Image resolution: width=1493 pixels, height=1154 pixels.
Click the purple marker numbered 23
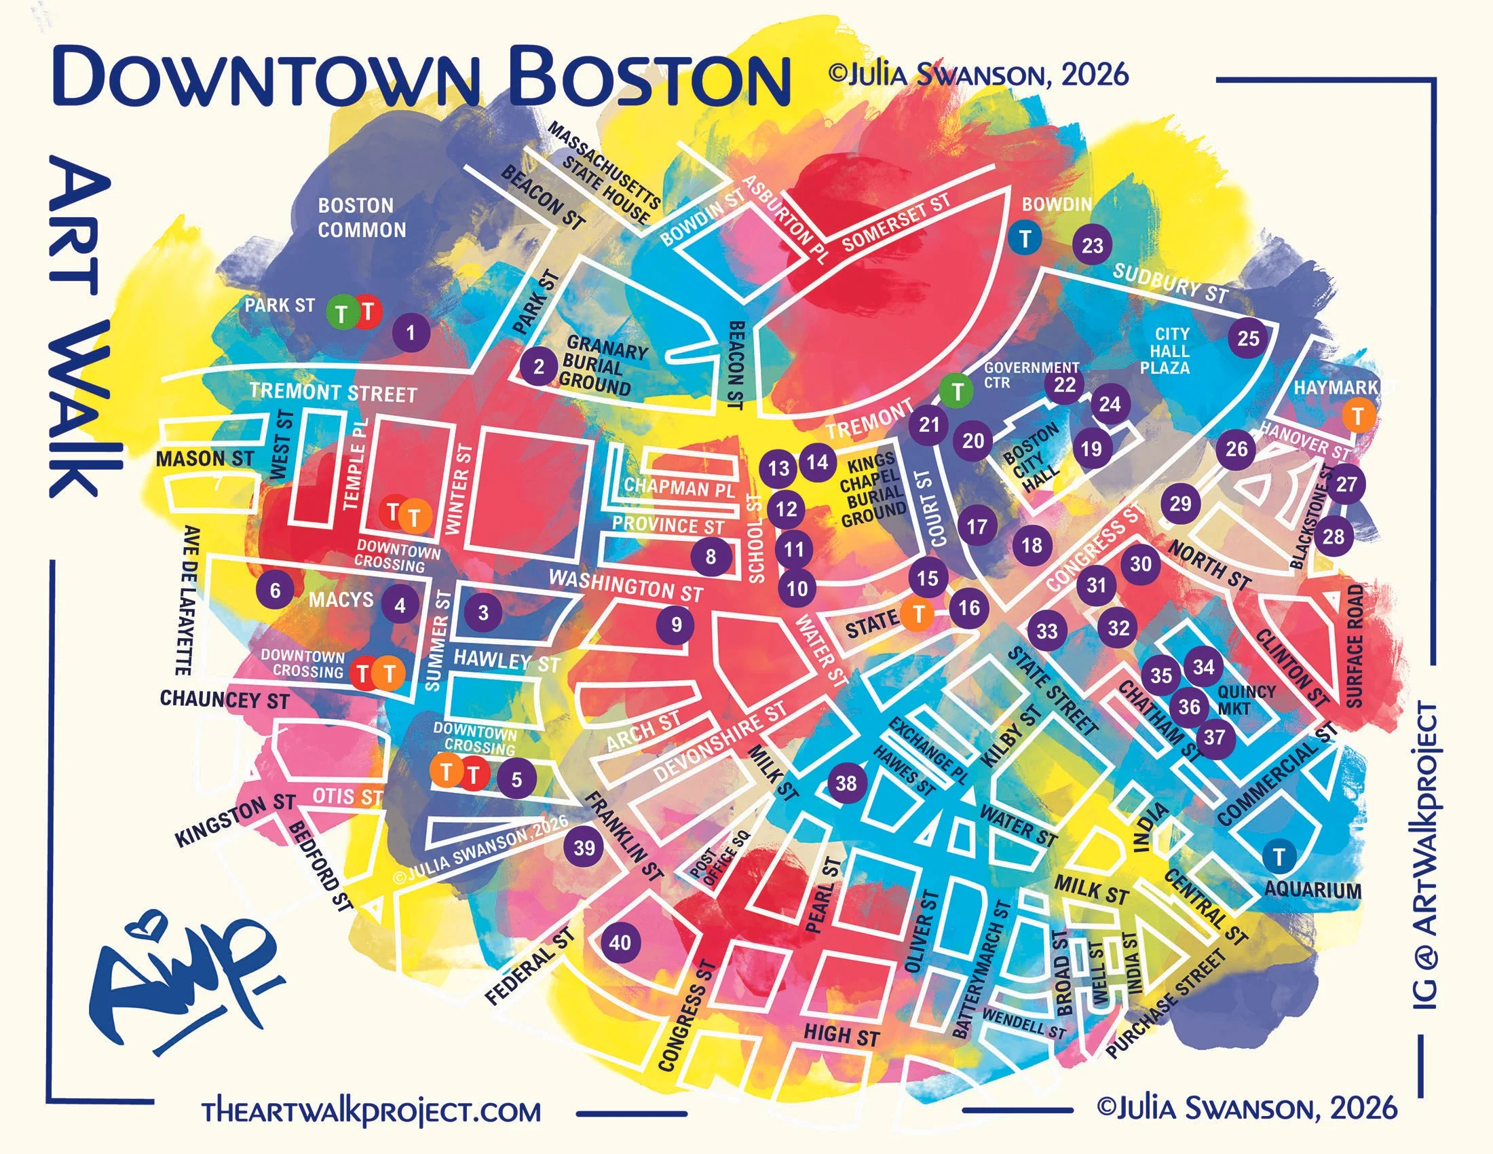click(x=1093, y=246)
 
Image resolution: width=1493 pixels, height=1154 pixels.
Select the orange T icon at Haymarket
click(x=1358, y=415)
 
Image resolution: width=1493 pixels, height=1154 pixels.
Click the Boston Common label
click(x=362, y=217)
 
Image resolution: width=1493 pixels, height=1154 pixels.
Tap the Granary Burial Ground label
click(x=599, y=367)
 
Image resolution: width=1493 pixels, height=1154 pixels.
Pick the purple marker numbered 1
click(x=410, y=333)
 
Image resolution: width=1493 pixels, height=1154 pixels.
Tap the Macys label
click(x=341, y=600)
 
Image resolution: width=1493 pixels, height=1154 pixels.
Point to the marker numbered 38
click(x=846, y=783)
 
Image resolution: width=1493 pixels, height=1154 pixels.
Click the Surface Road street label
click(x=1355, y=646)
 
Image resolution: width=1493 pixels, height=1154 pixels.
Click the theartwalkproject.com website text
click(x=371, y=1111)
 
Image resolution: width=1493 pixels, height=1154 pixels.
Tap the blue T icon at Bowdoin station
click(x=1025, y=238)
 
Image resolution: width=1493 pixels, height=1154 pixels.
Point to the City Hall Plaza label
click(x=1172, y=351)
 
